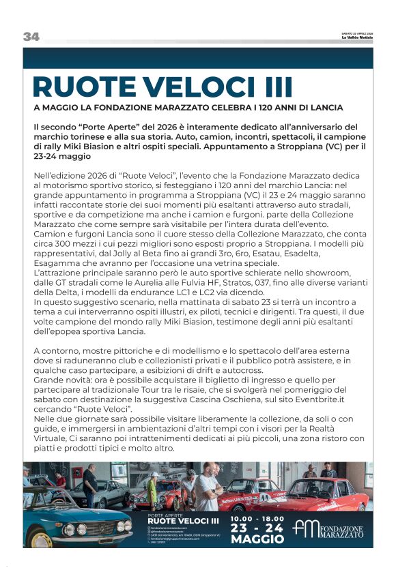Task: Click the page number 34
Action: [x=31, y=37]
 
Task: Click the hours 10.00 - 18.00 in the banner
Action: [x=255, y=519]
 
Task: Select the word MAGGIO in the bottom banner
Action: [x=257, y=539]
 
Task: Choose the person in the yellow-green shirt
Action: [x=154, y=489]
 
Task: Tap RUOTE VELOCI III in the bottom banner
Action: [x=183, y=522]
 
